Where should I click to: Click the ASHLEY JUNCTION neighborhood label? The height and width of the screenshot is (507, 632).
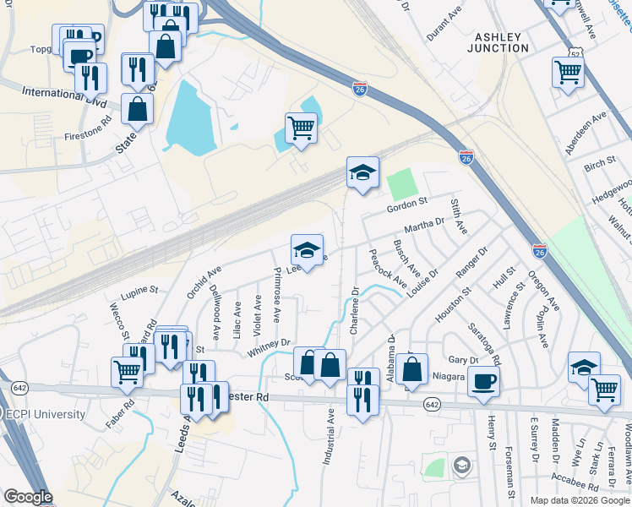coord(502,42)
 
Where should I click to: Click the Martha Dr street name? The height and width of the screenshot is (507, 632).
coord(424,226)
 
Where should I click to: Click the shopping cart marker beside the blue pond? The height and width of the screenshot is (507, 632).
coord(300,128)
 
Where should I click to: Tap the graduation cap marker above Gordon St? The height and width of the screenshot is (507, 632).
coord(362,172)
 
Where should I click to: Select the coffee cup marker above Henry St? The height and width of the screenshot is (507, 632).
coord(483,380)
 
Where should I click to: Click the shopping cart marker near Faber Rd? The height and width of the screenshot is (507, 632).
coord(127,370)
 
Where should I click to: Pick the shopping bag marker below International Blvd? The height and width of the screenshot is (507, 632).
coord(137,109)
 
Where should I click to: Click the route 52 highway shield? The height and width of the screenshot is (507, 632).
coord(575,53)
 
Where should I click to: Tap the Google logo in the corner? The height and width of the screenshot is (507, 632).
coord(28,498)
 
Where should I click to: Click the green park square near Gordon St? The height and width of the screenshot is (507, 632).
coord(402,183)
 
